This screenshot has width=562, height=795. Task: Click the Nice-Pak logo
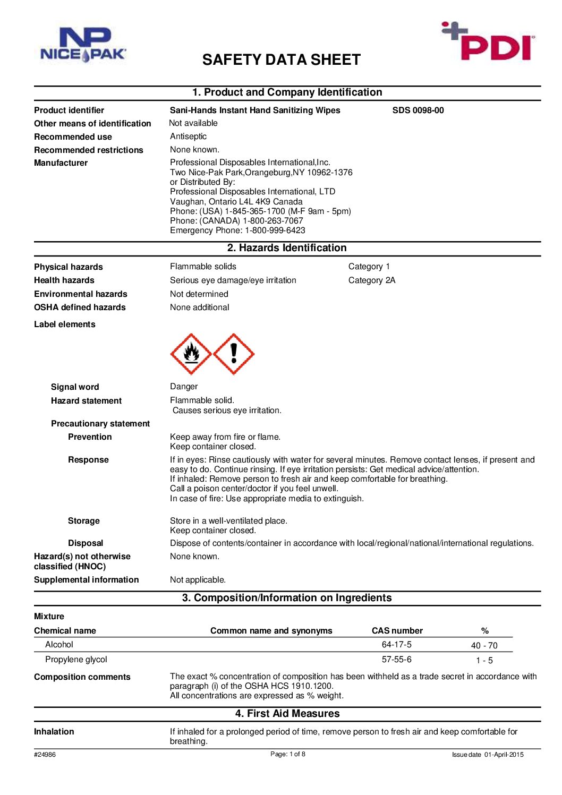[83, 45]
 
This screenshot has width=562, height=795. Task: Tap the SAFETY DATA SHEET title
[281, 60]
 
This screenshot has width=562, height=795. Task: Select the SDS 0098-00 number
[418, 110]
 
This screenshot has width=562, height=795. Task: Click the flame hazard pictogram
[191, 354]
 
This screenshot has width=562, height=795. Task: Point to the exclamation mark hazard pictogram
[234, 354]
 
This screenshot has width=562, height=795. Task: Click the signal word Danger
[184, 387]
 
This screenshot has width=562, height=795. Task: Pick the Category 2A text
[372, 280]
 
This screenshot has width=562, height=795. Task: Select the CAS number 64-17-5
[397, 645]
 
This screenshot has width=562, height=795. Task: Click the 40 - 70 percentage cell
[484, 646]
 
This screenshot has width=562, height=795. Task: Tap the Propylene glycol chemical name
[76, 660]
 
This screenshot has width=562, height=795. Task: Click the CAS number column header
[397, 631]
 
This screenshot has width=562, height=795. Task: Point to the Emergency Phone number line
[237, 230]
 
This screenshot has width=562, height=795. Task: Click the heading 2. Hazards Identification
[287, 248]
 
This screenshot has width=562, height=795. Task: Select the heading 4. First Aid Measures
[287, 714]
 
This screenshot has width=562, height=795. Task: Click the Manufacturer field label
[61, 163]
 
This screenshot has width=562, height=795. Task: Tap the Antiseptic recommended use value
[189, 136]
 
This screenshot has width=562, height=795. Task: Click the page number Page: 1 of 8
[288, 754]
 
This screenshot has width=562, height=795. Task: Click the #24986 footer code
[45, 755]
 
